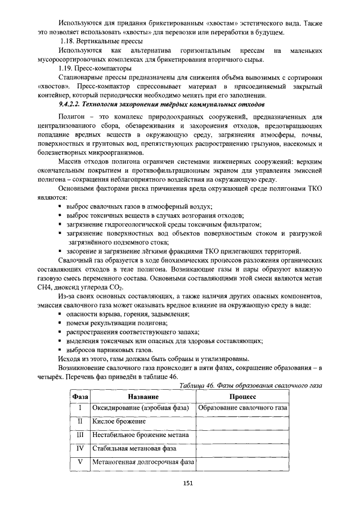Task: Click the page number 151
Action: click(x=188, y=483)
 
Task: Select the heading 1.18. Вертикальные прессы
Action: click(x=101, y=42)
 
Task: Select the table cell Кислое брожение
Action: click(x=117, y=421)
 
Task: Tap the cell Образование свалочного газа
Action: click(x=243, y=407)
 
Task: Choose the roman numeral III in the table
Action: click(x=80, y=435)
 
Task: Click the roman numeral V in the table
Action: click(x=80, y=462)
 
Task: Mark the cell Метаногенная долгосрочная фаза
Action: click(x=143, y=462)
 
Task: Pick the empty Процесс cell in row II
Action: click(x=243, y=421)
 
